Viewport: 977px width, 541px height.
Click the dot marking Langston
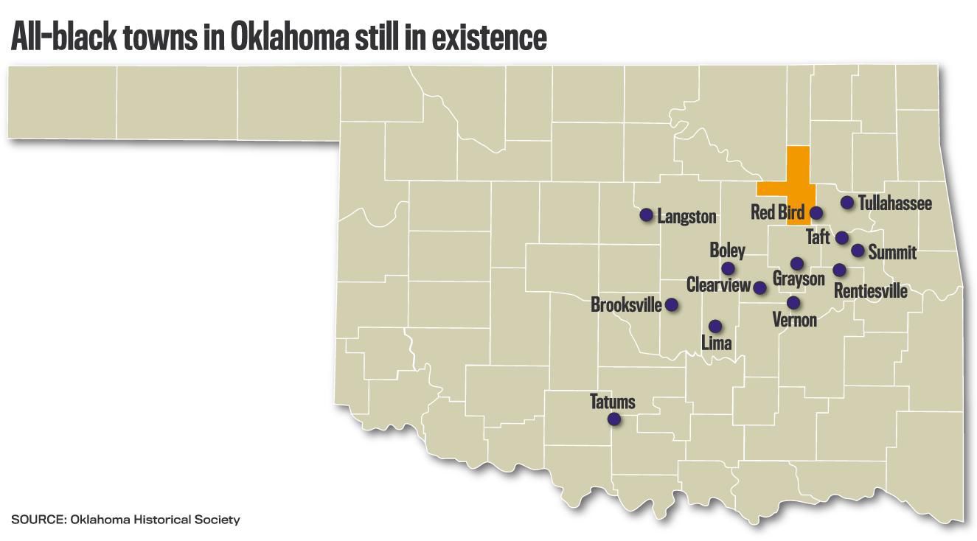pyautogui.click(x=646, y=215)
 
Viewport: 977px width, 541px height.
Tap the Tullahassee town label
pyautogui.click(x=895, y=203)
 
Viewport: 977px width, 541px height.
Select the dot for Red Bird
pyautogui.click(x=816, y=213)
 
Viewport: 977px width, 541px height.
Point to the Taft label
pyautogui.click(x=818, y=237)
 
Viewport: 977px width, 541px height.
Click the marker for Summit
pyautogui.click(x=858, y=251)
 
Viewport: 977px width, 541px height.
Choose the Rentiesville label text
pyautogui.click(x=870, y=291)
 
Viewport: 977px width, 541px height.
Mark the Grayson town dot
pyautogui.click(x=796, y=263)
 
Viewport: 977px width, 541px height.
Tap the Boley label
pyautogui.click(x=727, y=251)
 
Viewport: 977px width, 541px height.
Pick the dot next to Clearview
pyautogui.click(x=759, y=287)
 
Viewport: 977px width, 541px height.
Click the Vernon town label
pyautogui.click(x=794, y=320)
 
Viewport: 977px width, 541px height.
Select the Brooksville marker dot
pyautogui.click(x=672, y=304)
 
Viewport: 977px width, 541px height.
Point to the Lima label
pyautogui.click(x=716, y=343)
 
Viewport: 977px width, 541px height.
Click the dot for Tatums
pyautogui.click(x=613, y=419)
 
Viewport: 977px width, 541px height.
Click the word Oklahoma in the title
pyautogui.click(x=288, y=38)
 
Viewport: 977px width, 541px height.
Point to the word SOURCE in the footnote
pyautogui.click(x=38, y=520)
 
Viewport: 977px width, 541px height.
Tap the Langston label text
pyautogui.click(x=686, y=217)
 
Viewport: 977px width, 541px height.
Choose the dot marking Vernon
pyautogui.click(x=793, y=302)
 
